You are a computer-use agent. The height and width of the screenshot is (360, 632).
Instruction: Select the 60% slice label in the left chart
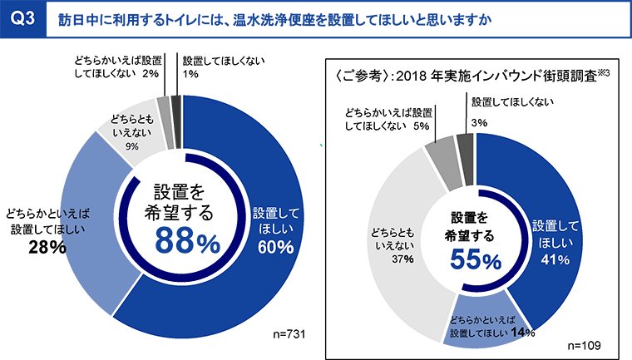pos(275,247)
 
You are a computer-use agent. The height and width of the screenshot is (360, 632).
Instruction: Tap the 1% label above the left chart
pos(190,75)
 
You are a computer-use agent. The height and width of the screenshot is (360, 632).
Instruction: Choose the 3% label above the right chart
pos(478,122)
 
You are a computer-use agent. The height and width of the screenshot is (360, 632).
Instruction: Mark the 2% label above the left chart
pos(151,74)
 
